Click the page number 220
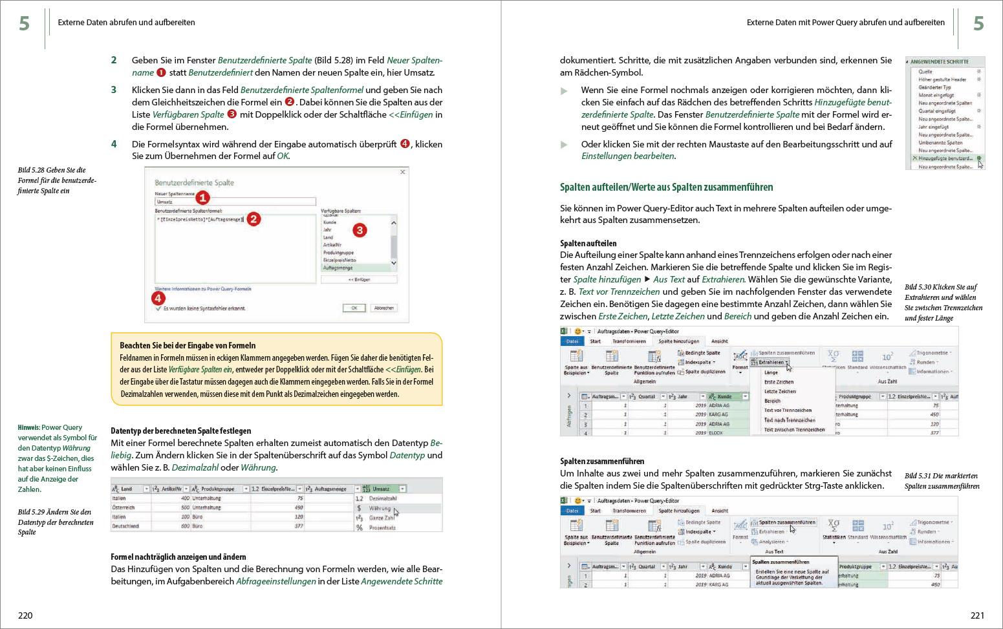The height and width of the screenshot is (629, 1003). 25,615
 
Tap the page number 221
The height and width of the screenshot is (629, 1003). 977,615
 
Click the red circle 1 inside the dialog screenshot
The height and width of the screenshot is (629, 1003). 202,198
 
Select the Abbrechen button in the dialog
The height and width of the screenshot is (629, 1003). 383,308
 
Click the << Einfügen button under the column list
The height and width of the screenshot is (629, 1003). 359,280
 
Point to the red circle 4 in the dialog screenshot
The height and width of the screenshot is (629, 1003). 158,298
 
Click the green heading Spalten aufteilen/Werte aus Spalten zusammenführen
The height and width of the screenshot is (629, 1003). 666,187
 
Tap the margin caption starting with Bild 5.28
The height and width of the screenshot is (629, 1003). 57,180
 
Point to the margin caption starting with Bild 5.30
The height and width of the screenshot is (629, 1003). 942,302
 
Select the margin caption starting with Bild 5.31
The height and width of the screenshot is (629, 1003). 942,481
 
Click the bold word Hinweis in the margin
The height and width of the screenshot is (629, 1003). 28,427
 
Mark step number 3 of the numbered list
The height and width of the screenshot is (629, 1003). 114,90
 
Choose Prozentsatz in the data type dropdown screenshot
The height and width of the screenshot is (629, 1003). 383,528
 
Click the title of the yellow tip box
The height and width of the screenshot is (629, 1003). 188,345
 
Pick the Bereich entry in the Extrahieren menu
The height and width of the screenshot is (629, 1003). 772,401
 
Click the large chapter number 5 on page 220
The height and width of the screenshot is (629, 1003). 24,24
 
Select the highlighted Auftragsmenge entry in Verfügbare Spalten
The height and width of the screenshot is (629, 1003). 338,268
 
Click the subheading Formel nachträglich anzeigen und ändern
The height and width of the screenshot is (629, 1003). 178,557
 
